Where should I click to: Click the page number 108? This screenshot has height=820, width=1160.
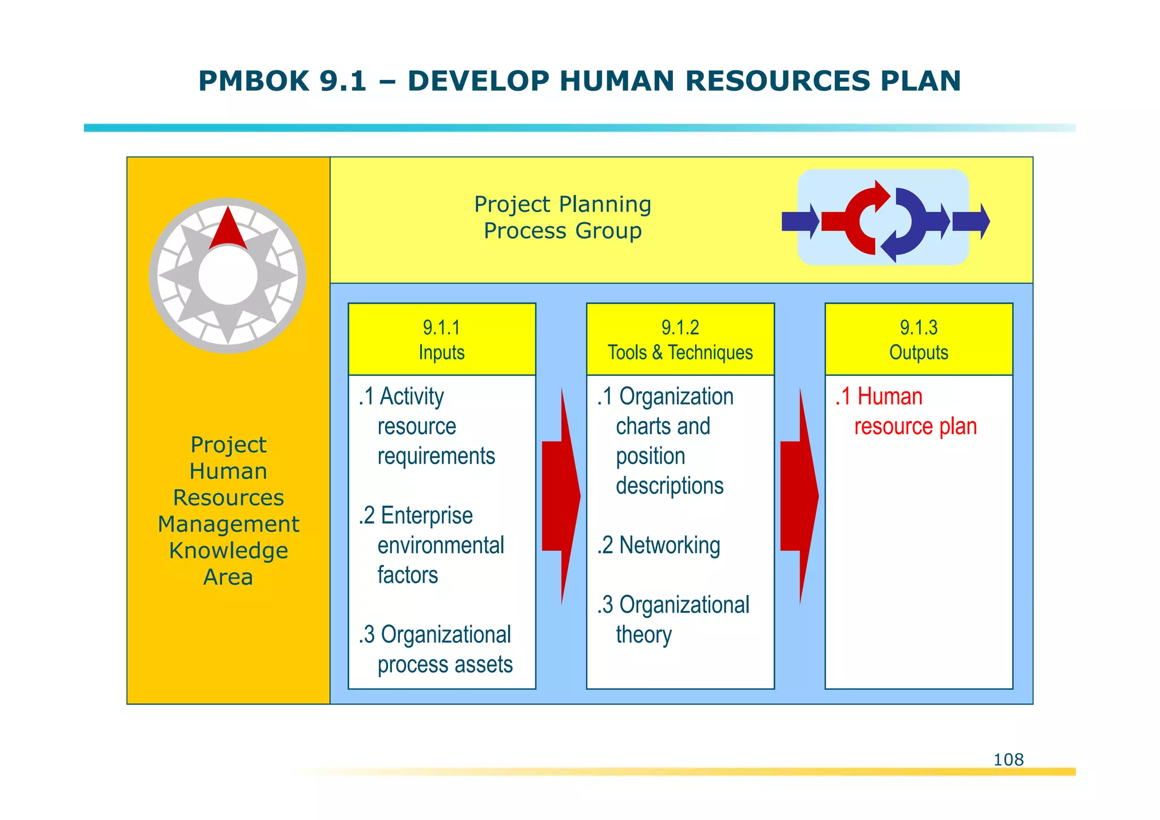(1008, 759)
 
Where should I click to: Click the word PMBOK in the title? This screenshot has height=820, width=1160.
(253, 81)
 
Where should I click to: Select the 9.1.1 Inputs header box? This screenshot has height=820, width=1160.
(442, 339)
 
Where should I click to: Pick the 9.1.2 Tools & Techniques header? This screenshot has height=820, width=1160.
(680, 339)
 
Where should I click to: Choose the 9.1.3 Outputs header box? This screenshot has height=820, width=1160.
(919, 339)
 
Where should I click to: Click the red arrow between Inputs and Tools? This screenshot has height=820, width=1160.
(561, 496)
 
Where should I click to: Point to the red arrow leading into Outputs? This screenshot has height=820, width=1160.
(799, 496)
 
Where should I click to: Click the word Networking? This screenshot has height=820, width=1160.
(669, 545)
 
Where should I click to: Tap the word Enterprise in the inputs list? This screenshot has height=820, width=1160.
(427, 516)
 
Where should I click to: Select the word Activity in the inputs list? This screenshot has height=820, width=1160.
(412, 397)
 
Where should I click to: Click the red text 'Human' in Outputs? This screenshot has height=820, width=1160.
(890, 397)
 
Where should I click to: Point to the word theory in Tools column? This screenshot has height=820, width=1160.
(643, 635)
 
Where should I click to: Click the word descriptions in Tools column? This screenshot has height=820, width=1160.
(669, 486)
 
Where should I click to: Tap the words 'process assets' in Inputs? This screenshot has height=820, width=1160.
(445, 664)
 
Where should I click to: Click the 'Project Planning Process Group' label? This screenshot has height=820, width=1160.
(562, 218)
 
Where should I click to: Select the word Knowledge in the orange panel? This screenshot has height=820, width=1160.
(228, 550)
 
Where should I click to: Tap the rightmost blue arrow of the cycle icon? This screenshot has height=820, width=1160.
(971, 221)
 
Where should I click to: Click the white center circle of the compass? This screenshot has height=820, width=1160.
(228, 276)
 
